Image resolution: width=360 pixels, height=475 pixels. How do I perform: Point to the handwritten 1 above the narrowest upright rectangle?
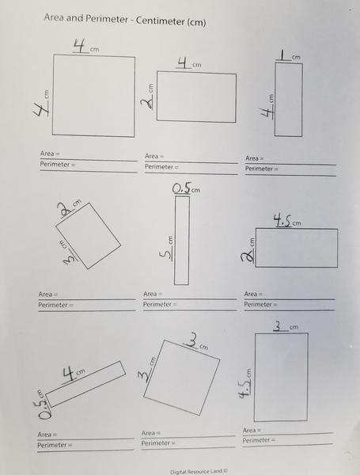tap(282, 55)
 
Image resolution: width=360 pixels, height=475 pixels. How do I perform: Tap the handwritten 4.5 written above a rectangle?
tap(282, 221)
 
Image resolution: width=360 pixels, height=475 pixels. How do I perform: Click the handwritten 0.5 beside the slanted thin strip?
tap(46, 405)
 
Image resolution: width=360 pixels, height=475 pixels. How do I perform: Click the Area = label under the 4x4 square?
tap(50, 153)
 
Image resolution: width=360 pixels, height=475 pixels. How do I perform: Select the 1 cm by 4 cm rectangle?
tap(288, 99)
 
